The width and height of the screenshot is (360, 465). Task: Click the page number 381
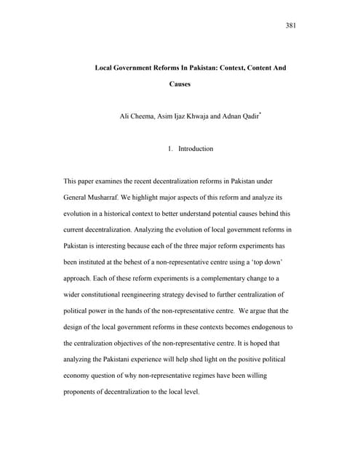(x=292, y=27)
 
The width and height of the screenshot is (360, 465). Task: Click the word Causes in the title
(x=180, y=85)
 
